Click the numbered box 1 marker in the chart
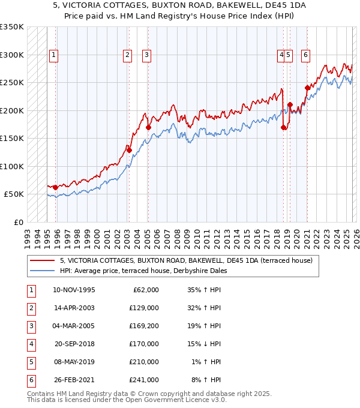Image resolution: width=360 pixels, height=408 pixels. [53, 55]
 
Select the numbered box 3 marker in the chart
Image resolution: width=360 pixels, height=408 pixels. [146, 55]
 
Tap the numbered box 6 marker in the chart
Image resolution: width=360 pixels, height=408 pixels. [305, 55]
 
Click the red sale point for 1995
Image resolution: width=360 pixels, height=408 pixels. [56, 188]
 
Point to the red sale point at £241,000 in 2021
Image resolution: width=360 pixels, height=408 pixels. [307, 88]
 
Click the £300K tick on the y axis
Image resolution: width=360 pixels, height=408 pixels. [12, 55]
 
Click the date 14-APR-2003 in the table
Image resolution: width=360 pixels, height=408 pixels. [74, 308]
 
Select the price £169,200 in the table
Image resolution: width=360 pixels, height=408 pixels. [145, 326]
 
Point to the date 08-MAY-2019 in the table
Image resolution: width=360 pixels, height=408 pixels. [74, 362]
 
